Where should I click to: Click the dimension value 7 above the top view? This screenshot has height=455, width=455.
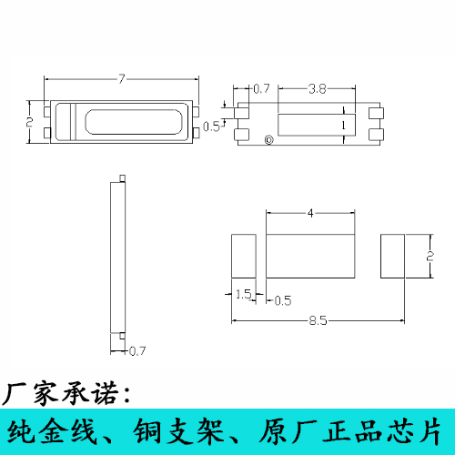click(121, 79)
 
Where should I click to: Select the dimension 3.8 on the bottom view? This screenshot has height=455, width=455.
click(317, 89)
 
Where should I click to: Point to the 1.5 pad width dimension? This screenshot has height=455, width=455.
click(243, 294)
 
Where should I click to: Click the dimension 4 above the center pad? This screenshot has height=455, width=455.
click(310, 213)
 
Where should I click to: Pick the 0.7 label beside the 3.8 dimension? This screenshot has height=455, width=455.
click(261, 89)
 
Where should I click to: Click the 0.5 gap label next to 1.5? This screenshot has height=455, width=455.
click(282, 299)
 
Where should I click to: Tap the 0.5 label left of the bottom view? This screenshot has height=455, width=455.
click(210, 126)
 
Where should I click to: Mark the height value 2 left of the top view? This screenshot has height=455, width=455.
click(29, 120)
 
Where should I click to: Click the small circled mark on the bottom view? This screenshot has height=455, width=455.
click(268, 139)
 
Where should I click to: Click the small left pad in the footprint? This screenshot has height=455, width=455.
click(245, 256)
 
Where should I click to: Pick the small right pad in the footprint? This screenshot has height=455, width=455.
click(391, 256)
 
